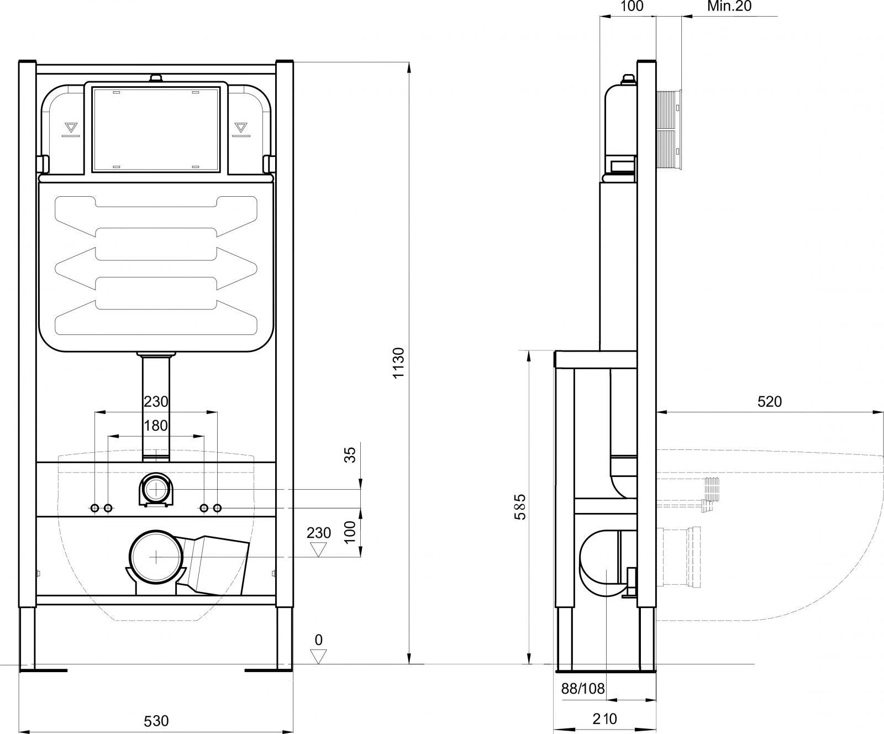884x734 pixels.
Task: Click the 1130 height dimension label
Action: point(398,363)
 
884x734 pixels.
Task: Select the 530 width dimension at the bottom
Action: point(156,721)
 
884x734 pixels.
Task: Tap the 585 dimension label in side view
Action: point(520,506)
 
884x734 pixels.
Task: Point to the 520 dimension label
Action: point(770,402)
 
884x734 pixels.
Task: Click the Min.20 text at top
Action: point(729,6)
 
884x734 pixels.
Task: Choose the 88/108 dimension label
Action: point(583,689)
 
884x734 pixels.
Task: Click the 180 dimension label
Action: point(156,425)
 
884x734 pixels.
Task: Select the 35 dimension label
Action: point(350,455)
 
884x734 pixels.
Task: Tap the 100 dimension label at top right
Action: point(632,6)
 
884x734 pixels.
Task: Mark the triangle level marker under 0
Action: point(318,657)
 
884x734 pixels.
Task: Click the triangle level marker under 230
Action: point(318,549)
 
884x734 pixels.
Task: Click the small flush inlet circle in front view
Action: point(156,490)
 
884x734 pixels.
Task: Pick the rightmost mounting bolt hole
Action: point(218,508)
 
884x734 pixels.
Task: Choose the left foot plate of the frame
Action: point(44,670)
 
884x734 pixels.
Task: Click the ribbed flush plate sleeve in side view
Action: point(669,129)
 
